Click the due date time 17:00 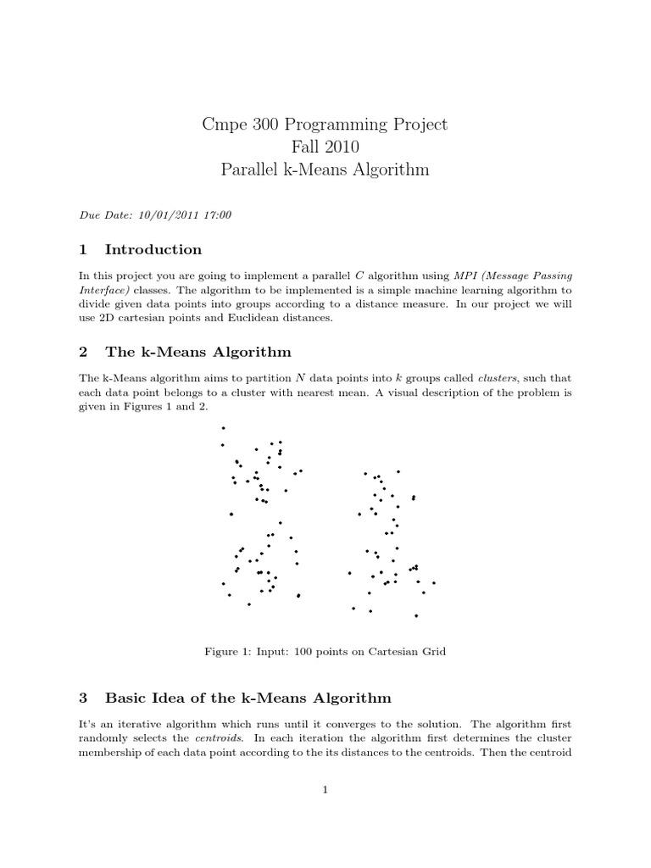[x=216, y=215]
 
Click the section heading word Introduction [x=153, y=249]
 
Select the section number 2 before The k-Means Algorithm [x=83, y=352]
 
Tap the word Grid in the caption [x=431, y=653]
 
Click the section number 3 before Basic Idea [x=83, y=698]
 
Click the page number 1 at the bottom [x=325, y=790]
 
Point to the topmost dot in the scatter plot [x=223, y=429]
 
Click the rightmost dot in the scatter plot [x=434, y=583]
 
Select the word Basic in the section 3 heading [x=124, y=698]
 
